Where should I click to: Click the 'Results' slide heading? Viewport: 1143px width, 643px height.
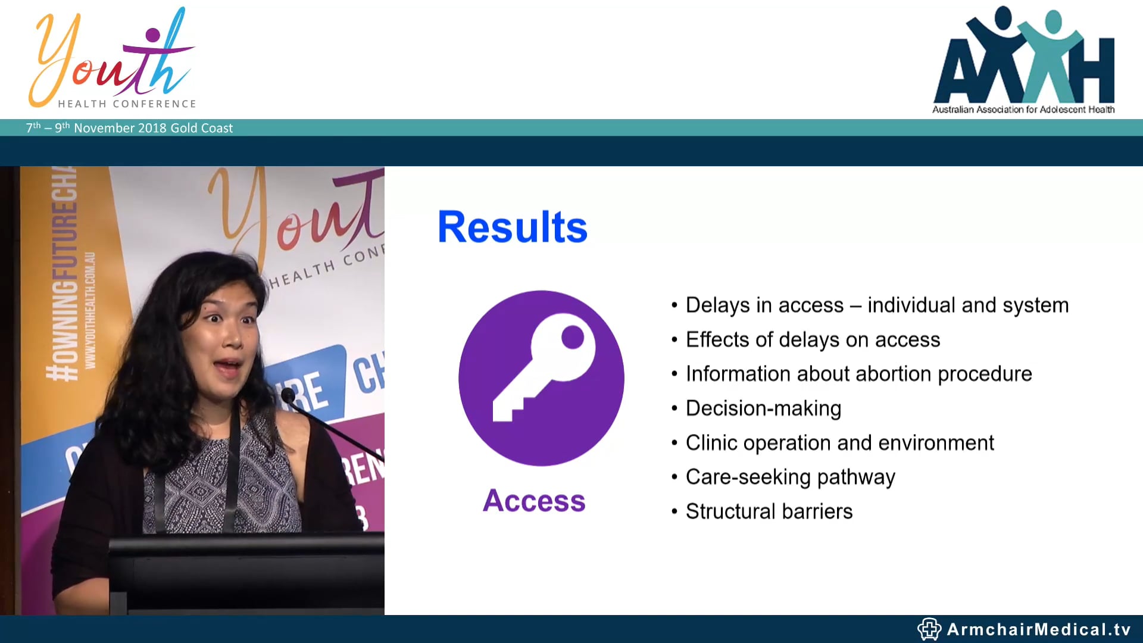coord(512,227)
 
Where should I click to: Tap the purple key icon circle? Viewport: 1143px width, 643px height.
coord(541,377)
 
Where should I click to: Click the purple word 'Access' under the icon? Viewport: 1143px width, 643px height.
coord(534,500)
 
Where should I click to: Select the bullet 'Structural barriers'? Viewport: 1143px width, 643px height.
coord(769,511)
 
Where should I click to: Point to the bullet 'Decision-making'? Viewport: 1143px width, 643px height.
coord(763,408)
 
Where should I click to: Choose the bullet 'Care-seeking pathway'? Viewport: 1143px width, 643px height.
coord(790,477)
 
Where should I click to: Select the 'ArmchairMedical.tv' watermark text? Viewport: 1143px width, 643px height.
coord(1038,629)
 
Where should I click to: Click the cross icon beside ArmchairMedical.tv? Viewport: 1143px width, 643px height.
coord(929,629)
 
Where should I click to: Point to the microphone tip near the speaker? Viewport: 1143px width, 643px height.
coord(288,394)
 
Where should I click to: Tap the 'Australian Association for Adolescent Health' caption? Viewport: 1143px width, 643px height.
coord(1023,110)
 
